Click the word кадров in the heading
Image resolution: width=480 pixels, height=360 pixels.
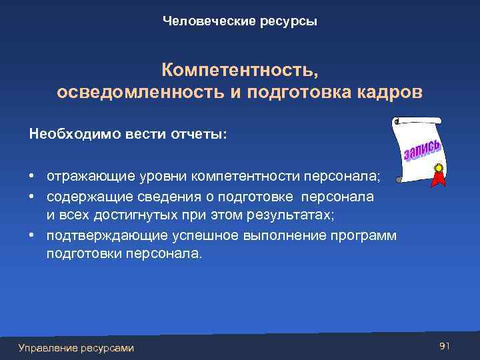(x=392, y=92)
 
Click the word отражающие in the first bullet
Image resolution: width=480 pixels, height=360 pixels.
(x=90, y=177)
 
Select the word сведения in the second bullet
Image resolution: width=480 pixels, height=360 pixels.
(x=165, y=197)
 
